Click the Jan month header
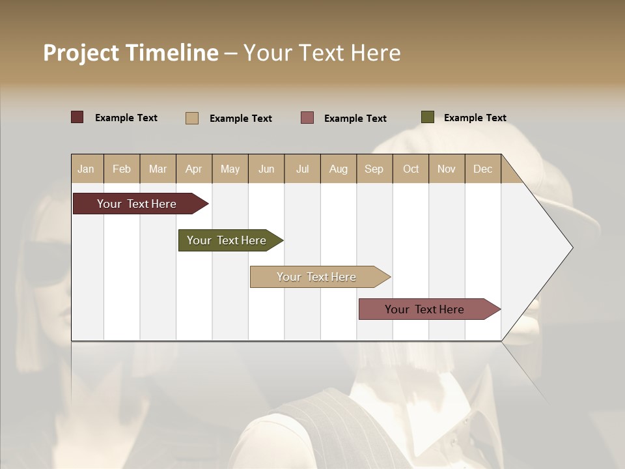tap(86, 169)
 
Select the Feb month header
tap(122, 169)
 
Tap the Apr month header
tap(193, 169)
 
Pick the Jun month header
tap(266, 169)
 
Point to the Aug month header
tap(338, 169)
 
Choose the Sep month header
tap(374, 169)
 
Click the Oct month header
tap(411, 169)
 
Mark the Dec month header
tap(482, 169)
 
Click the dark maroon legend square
tap(77, 117)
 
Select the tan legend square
tap(192, 118)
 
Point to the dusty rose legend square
tap(307, 118)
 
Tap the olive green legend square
tap(427, 117)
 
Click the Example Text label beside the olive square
tap(475, 118)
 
